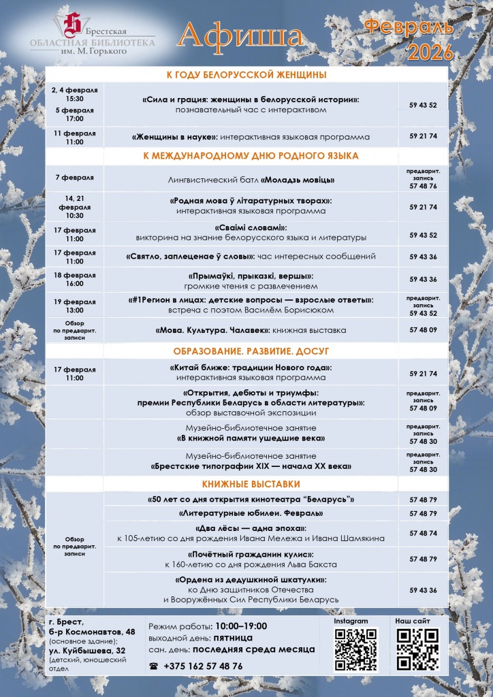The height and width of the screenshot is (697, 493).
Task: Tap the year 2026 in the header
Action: [x=429, y=51]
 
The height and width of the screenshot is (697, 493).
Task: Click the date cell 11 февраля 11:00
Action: [x=75, y=137]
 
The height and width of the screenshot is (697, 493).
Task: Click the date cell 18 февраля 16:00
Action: [x=75, y=279]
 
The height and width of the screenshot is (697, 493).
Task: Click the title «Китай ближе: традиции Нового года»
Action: [x=251, y=368]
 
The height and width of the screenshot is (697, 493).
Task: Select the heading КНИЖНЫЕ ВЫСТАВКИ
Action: [x=251, y=484]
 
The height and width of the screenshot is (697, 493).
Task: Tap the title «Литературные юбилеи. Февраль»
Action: [x=251, y=513]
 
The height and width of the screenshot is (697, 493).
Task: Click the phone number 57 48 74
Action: [x=424, y=533]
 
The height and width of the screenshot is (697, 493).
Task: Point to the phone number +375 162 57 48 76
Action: [x=203, y=666]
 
